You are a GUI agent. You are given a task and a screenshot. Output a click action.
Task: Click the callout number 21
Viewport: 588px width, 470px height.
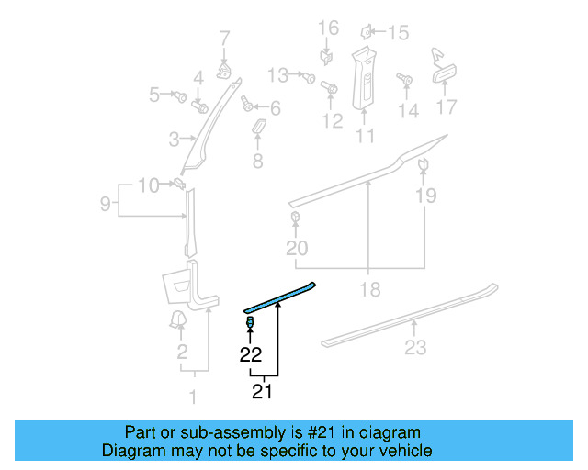[263, 392]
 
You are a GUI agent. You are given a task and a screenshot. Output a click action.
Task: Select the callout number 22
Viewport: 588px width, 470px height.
[251, 355]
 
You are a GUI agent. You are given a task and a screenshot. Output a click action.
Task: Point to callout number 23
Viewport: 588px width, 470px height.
[415, 347]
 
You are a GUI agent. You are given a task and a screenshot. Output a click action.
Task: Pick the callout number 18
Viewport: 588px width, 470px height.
[370, 290]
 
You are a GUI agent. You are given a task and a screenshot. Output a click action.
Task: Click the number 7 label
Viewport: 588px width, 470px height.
[224, 39]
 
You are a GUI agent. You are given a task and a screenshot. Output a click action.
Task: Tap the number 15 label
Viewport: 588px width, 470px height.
[397, 34]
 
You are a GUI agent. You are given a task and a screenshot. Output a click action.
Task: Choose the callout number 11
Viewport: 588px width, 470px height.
[366, 137]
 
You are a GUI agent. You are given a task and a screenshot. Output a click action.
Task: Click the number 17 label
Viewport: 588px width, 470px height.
[446, 107]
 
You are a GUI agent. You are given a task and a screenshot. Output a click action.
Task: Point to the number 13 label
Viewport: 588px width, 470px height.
[277, 74]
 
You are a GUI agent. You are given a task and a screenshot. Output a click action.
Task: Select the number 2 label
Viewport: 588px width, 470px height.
[182, 352]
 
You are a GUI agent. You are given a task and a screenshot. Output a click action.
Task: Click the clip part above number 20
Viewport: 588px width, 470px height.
[297, 218]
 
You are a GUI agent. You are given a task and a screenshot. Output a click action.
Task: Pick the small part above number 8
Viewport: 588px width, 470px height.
[258, 126]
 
